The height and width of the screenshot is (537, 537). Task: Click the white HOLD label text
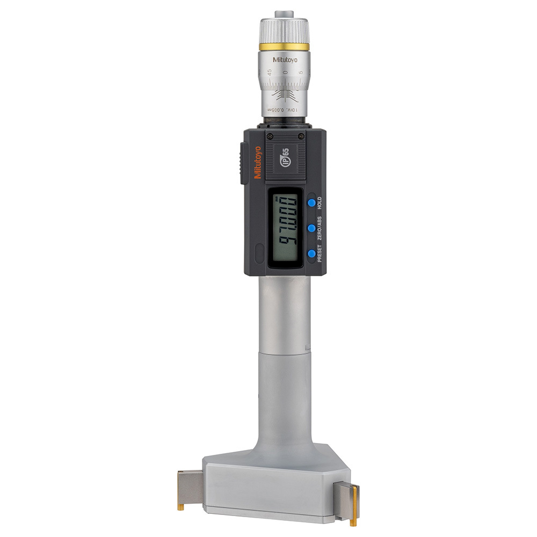319,202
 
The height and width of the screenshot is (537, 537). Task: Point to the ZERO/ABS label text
319,228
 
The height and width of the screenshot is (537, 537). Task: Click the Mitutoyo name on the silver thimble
285,60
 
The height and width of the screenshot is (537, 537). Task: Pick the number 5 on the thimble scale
301,71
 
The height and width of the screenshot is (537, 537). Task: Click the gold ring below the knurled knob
284,47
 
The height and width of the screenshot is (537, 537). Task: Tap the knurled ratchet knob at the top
284,30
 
